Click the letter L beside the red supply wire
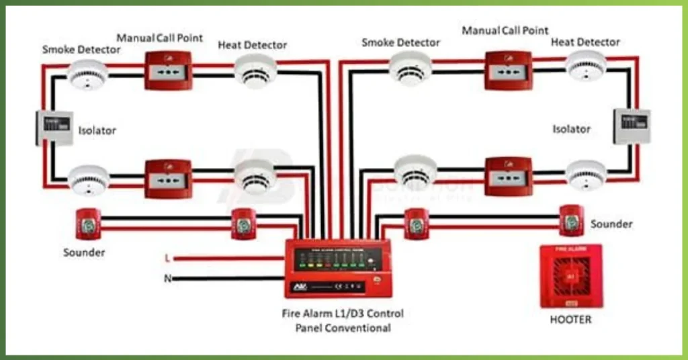[167, 258]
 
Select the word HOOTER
[570, 320]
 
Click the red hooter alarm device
[570, 275]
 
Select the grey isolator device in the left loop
[54, 127]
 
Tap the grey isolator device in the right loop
[631, 126]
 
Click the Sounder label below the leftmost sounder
[84, 253]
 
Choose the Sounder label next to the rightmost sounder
[611, 224]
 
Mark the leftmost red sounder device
[88, 224]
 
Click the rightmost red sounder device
[570, 220]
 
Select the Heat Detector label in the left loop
[252, 45]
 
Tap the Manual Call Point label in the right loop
[505, 30]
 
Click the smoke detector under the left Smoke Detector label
[88, 74]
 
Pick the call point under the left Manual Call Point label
[168, 70]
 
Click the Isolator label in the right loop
[571, 128]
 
